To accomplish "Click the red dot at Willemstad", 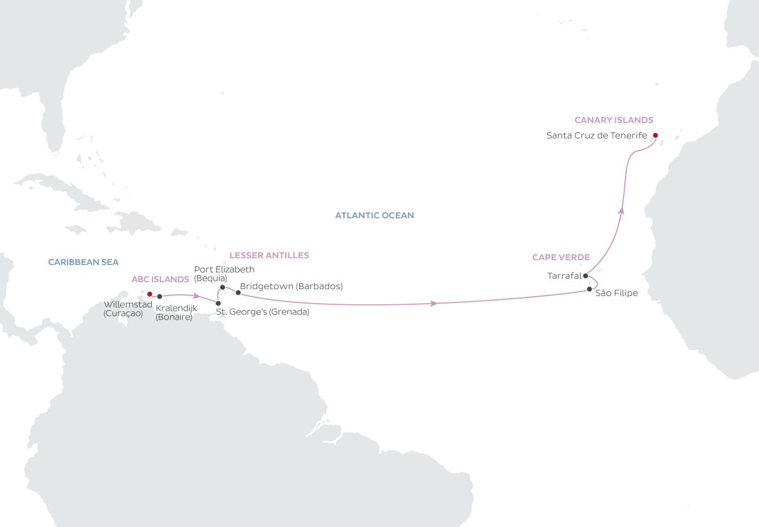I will pos(149,294).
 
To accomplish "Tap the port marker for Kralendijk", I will pos(159,296).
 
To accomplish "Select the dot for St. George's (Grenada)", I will pos(218,303).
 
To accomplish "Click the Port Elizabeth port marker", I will pos(222,287).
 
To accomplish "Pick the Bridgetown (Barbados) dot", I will pos(238,292).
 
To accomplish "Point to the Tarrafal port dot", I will pos(586,276).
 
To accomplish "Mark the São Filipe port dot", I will pos(589,289).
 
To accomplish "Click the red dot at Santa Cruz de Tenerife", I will pos(655,135).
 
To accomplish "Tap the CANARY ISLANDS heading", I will pos(614,120).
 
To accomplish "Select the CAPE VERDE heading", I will pos(560,257).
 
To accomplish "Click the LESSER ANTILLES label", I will pos(269,256).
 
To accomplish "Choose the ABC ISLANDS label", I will pos(160,279).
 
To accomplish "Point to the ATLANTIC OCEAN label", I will pos(374,216).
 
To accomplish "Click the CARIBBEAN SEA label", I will pos(83,261).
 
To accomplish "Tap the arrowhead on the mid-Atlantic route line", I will pos(435,304).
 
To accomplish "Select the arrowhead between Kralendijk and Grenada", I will pos(197,295).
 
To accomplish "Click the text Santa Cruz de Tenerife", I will pos(596,135).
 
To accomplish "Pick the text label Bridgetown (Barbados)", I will pos(292,287).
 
